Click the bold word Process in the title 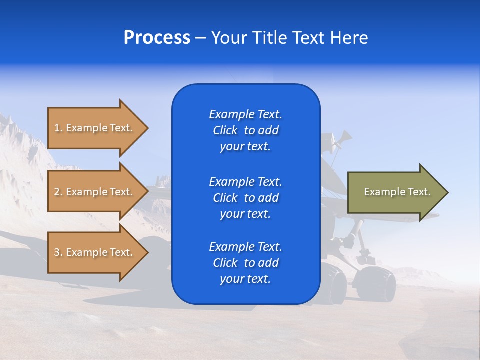pyautogui.click(x=157, y=38)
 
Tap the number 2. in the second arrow pyautogui.click(x=58, y=192)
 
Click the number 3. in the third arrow pyautogui.click(x=58, y=252)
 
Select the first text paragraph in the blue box pyautogui.click(x=245, y=130)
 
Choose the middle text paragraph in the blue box pyautogui.click(x=245, y=198)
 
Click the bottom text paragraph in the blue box pyautogui.click(x=245, y=263)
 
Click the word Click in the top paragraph pyautogui.click(x=225, y=131)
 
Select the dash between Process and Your pyautogui.click(x=200, y=38)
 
